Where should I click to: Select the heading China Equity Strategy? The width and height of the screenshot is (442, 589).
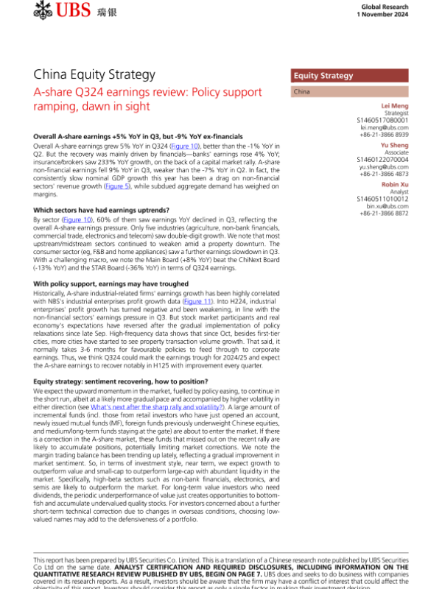[95, 74]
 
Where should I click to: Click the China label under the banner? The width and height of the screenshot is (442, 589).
[301, 92]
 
